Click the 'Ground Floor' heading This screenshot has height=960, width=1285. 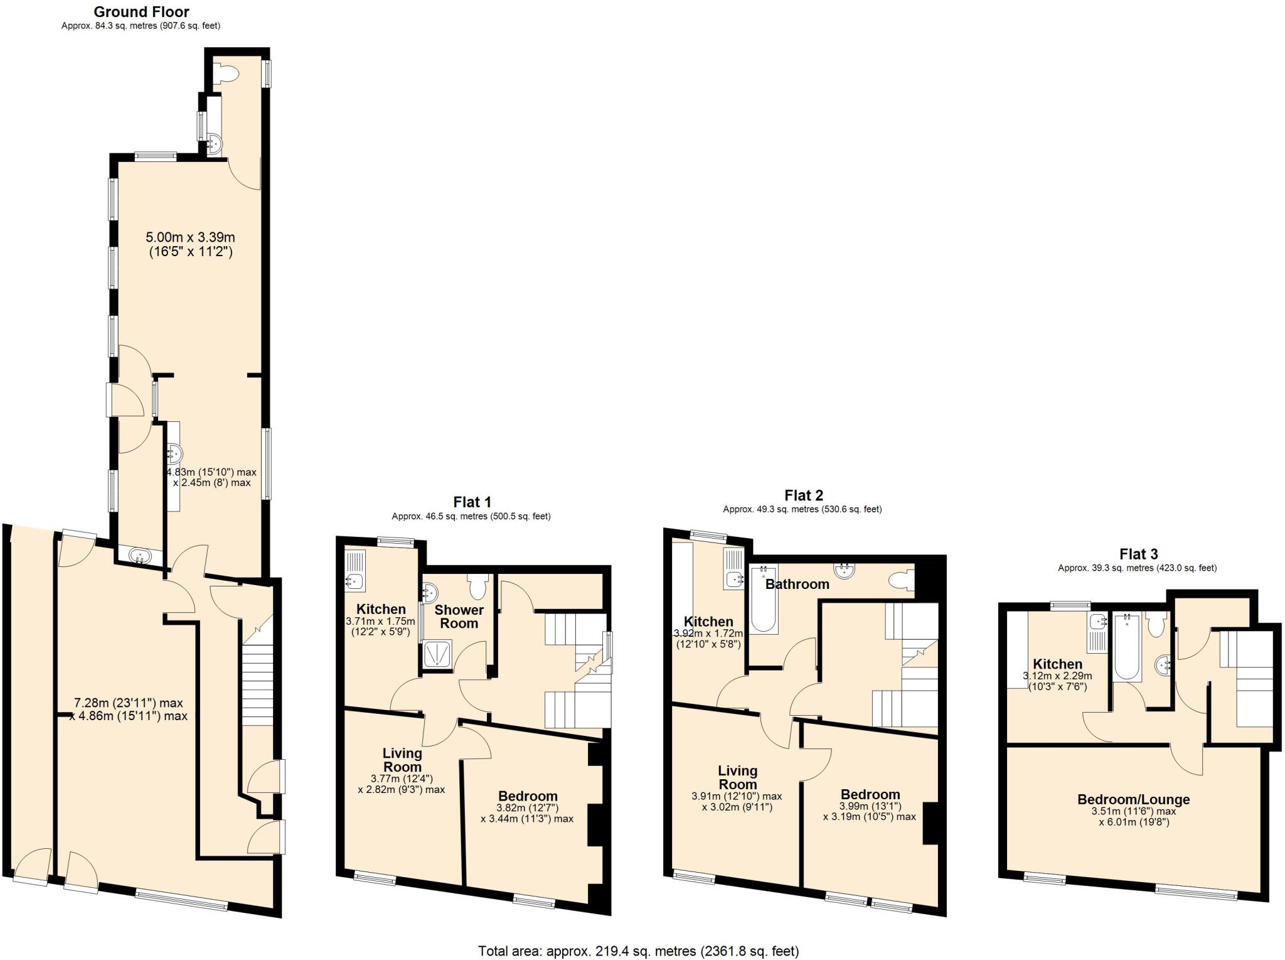pos(141,12)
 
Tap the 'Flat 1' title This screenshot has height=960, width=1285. pos(472,502)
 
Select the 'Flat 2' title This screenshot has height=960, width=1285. pos(803,495)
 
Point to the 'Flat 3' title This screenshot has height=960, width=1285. pos(1138,554)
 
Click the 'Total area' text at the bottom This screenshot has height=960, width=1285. pos(638,951)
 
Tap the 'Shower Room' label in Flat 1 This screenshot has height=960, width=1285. pos(459,617)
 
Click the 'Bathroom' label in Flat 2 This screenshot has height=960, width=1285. pos(797,584)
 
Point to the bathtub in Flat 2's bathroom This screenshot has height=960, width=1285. pos(763,599)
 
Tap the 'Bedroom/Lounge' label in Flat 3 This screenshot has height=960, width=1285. pos(1133,799)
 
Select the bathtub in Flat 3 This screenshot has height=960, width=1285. pos(1128,648)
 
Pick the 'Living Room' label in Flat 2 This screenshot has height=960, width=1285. pos(737,777)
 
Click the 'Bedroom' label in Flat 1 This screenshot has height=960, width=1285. pos(528,796)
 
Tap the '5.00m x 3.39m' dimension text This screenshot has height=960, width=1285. pos(190,237)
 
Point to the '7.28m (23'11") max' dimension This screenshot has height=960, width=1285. pos(128,703)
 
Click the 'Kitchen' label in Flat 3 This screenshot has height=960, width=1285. pos(1057,664)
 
